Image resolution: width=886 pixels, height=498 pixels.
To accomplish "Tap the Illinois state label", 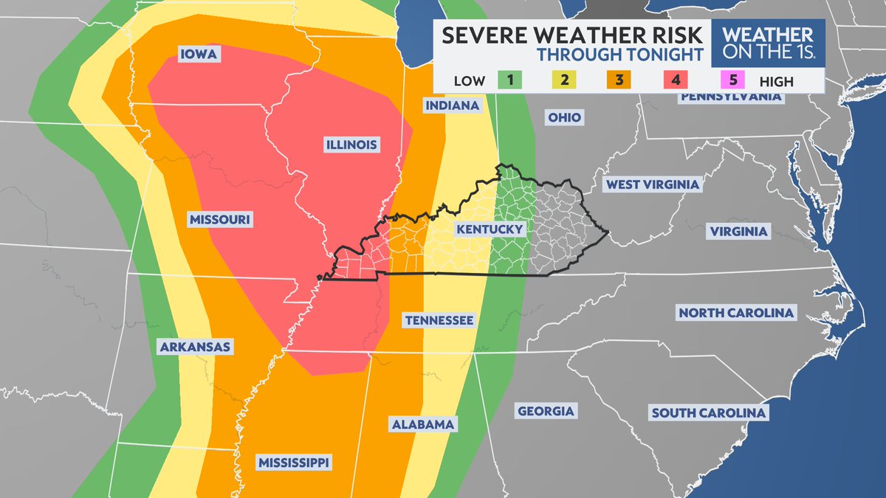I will click(x=352, y=145).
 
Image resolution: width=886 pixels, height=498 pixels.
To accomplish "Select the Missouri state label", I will click(x=221, y=220).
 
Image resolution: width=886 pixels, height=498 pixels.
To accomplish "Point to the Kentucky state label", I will click(x=490, y=229).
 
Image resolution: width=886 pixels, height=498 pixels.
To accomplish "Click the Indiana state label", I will click(x=453, y=106).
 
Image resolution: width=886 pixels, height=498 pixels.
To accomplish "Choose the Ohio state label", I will click(x=564, y=117).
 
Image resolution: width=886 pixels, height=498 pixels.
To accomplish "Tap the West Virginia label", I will click(x=652, y=184).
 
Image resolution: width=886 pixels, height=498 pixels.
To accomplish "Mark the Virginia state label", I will click(x=738, y=231).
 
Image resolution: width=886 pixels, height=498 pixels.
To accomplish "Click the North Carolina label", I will click(x=736, y=313).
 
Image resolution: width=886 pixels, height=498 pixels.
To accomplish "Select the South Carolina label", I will click(x=708, y=412).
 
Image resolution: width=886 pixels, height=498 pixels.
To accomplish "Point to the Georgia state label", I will click(x=546, y=411).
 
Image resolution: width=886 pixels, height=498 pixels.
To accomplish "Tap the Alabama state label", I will click(x=422, y=424).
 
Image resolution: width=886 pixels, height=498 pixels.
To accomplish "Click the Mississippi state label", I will click(x=294, y=463).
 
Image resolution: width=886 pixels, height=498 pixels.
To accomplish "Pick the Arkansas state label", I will click(x=195, y=347).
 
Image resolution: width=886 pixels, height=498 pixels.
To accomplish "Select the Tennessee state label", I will click(x=438, y=320).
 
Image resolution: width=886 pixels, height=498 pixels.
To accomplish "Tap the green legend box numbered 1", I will click(x=509, y=80).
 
